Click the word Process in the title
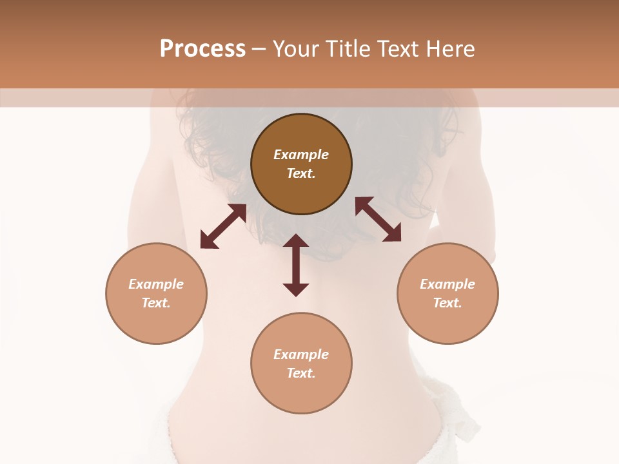pos(202,48)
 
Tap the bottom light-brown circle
pos(301,393)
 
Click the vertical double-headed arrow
pos(296,265)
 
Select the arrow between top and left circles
pos(223,226)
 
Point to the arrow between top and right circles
pos(378,219)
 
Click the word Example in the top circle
pos(301,155)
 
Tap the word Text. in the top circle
pos(301,173)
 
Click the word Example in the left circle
pos(156,284)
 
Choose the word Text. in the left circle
pos(156,303)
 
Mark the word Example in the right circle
pos(447,284)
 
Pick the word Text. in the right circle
pos(447,303)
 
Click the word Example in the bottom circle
pos(301,354)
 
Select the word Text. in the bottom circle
pos(301,373)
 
